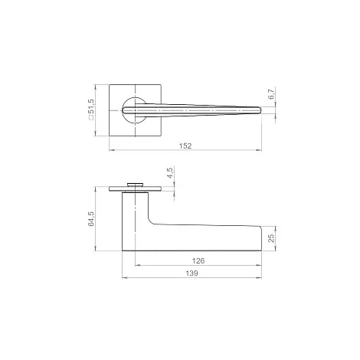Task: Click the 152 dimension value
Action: [x=185, y=146]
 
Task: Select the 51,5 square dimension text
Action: [x=91, y=106]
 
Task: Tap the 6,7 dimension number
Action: [x=271, y=93]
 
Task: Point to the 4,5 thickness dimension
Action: [x=170, y=172]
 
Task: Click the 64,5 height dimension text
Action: [x=91, y=219]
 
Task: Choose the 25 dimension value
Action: [x=271, y=238]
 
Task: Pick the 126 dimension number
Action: [x=198, y=260]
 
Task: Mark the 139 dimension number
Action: [x=191, y=273]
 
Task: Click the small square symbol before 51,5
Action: [x=91, y=118]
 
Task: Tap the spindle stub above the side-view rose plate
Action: [x=135, y=185]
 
